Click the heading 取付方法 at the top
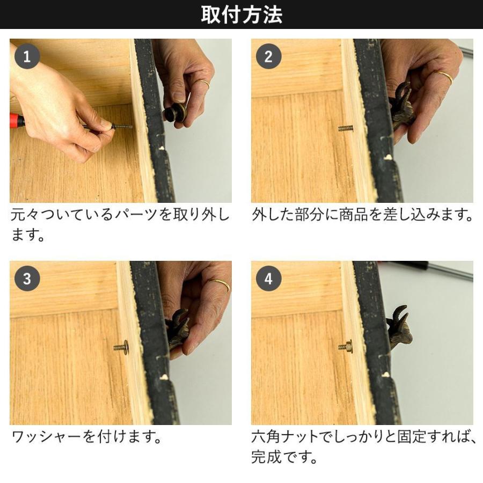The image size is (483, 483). click(x=241, y=14)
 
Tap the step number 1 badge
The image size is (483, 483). click(x=27, y=56)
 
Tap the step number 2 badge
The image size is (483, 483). click(x=269, y=56)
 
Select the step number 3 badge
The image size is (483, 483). click(x=27, y=279)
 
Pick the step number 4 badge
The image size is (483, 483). click(x=269, y=279)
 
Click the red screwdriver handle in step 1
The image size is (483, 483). click(x=17, y=121)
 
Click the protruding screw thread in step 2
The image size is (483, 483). click(x=346, y=128)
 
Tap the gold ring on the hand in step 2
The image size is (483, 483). click(x=444, y=76)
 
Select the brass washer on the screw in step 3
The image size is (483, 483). click(x=125, y=347)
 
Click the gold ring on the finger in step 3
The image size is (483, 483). click(x=219, y=284)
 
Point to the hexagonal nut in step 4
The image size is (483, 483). click(x=348, y=347)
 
